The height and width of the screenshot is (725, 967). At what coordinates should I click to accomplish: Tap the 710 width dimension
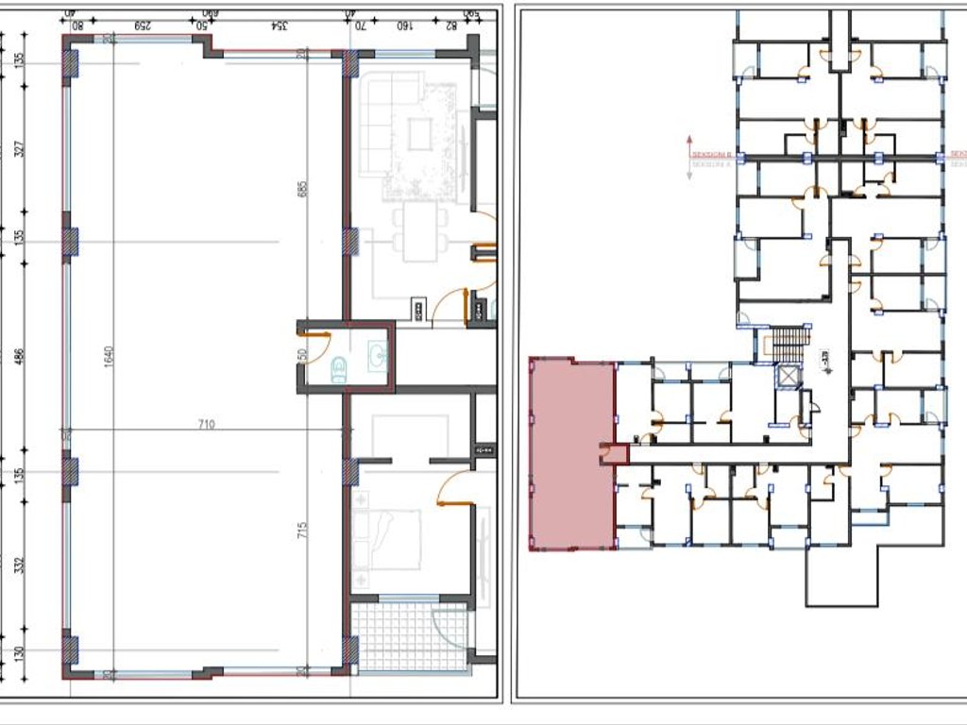coord(207,425)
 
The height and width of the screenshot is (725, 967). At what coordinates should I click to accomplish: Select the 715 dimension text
coord(303,530)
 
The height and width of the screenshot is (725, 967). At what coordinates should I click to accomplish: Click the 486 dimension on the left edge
coord(20,357)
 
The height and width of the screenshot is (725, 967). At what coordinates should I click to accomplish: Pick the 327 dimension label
coord(20,149)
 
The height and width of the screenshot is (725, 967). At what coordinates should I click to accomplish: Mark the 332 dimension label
coord(20,565)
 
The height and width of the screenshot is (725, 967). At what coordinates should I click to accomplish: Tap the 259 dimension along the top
coord(145,25)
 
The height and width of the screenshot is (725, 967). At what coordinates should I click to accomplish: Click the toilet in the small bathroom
coord(339,371)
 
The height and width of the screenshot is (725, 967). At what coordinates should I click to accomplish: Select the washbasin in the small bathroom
coord(378,356)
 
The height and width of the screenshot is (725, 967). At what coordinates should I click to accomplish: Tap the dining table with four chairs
coord(421,232)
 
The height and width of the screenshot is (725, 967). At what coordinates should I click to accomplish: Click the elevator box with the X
coord(786,376)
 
